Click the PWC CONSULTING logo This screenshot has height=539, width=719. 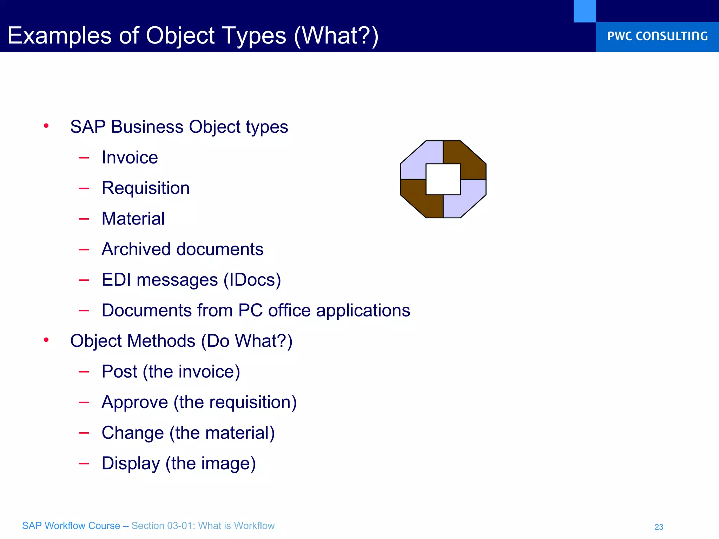(657, 36)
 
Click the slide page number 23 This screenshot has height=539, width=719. (659, 527)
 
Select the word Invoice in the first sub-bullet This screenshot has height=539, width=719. (130, 158)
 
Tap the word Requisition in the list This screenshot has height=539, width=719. (145, 188)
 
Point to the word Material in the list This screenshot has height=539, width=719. (133, 219)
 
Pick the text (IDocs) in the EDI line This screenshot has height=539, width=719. (252, 280)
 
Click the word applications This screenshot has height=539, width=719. (363, 311)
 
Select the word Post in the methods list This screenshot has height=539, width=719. (119, 372)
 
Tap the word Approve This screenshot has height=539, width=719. (135, 402)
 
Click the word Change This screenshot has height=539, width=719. (133, 433)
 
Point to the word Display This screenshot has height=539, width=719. (131, 464)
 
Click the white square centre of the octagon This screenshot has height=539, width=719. (443, 179)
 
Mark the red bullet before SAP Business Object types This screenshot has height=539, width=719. (46, 126)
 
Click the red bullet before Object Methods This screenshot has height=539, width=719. (46, 340)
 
